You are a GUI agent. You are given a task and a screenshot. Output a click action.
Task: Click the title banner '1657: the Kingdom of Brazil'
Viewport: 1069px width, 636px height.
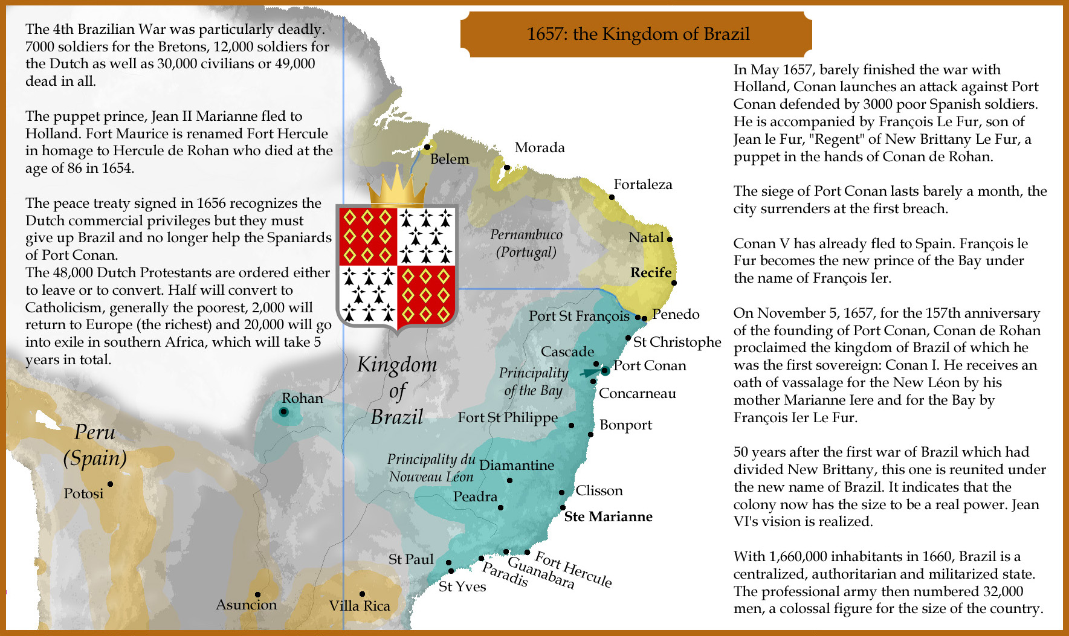tap(638, 34)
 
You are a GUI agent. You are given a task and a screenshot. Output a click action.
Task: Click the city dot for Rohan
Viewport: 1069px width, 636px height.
tap(283, 412)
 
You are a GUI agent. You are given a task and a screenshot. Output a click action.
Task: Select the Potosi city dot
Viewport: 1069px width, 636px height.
tap(110, 484)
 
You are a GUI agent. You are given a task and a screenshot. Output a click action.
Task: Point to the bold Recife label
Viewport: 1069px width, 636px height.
tap(651, 272)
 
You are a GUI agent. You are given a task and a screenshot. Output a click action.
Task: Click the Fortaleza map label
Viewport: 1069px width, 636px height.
tap(642, 184)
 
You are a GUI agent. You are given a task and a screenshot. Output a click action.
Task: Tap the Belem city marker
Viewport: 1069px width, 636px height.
tap(427, 147)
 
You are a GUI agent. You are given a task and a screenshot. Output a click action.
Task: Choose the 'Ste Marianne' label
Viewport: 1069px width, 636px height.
tap(608, 516)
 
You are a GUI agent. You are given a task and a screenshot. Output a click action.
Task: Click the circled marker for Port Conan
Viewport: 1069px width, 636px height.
tap(604, 371)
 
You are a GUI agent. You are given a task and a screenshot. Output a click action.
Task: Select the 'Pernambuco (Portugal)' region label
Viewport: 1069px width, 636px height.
tap(526, 243)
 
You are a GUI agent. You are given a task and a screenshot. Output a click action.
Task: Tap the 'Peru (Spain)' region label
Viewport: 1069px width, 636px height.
tap(95, 445)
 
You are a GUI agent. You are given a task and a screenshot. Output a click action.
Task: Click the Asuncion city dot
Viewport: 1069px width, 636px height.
tap(257, 594)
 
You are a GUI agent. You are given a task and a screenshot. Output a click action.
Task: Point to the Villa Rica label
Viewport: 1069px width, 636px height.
tap(360, 606)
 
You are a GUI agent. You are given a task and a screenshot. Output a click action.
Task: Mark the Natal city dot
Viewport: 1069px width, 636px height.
tap(670, 239)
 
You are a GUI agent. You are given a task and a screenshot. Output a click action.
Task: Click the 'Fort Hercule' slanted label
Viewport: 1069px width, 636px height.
tap(573, 569)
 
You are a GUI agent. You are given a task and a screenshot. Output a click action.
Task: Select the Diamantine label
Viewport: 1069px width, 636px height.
tap(517, 465)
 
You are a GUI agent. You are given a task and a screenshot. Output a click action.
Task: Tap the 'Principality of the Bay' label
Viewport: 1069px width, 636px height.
tap(534, 382)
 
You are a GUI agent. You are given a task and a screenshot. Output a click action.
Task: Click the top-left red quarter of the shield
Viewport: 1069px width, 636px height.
tap(367, 236)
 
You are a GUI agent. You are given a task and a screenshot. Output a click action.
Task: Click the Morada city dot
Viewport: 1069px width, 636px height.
tap(507, 167)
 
